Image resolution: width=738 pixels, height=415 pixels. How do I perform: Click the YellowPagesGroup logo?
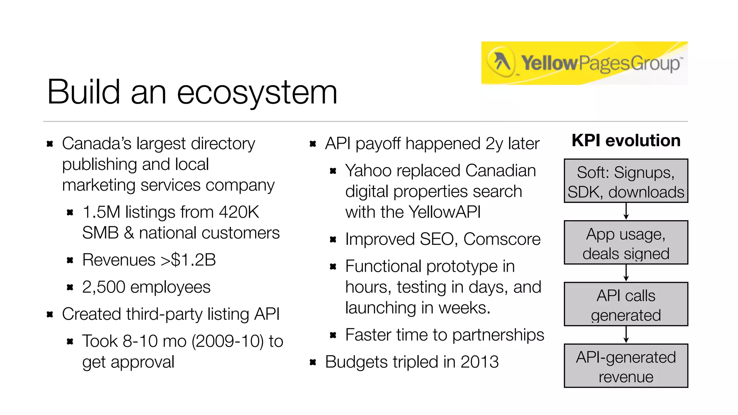584,63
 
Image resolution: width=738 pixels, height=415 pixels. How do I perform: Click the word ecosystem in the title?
257,92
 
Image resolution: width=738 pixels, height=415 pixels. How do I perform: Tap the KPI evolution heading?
626,140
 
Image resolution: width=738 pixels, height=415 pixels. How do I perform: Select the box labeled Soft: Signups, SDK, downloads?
626,181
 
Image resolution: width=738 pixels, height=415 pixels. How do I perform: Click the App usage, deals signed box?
626,242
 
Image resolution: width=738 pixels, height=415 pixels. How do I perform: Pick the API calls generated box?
626,304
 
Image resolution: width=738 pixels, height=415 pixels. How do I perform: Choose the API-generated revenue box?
626,366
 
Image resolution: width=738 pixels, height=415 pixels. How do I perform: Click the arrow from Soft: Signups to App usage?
626,211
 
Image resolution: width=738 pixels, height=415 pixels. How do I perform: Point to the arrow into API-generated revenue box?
626,335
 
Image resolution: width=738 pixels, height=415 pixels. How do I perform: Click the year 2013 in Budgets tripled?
479,362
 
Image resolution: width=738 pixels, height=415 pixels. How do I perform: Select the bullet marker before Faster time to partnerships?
333,335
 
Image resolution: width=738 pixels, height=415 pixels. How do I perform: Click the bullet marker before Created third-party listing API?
50,314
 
